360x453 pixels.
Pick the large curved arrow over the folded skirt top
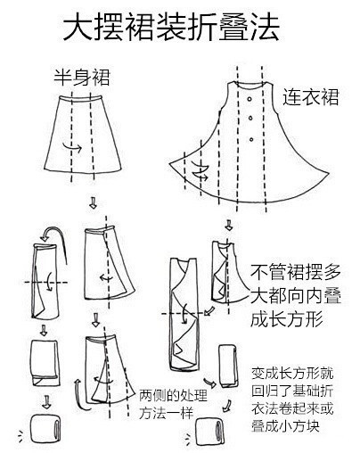pyautogui.click(x=54, y=236)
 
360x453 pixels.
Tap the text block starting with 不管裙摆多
pyautogui.click(x=295, y=295)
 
